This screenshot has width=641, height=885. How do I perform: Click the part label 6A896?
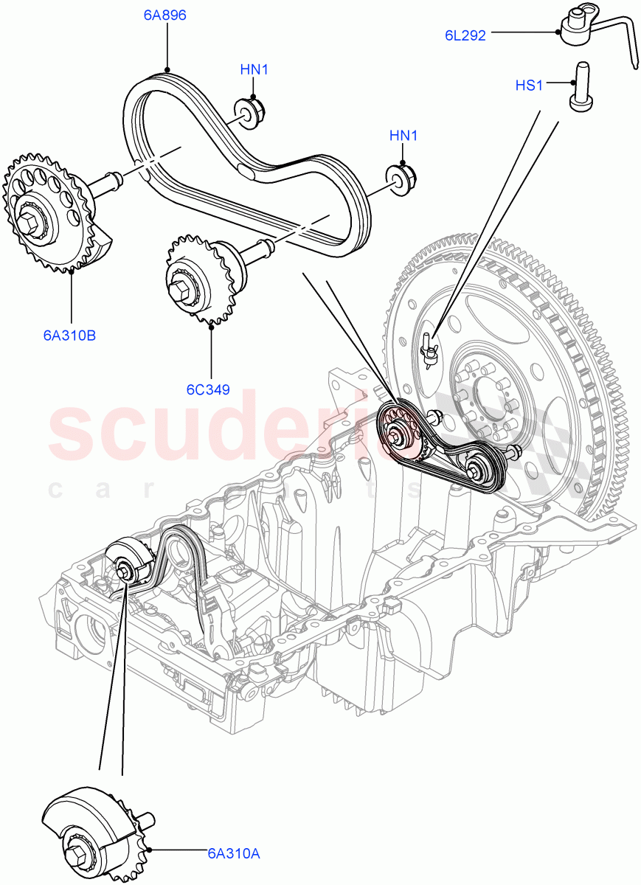[165, 13]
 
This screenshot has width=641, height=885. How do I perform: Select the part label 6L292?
[465, 35]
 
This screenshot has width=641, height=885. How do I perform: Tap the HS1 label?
[528, 86]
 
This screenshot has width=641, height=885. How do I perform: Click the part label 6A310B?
[69, 336]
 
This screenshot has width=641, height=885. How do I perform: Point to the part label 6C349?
[209, 389]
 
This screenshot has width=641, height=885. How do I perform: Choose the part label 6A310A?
[233, 853]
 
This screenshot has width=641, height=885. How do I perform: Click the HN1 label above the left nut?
[254, 70]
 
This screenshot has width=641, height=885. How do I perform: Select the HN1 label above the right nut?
[403, 136]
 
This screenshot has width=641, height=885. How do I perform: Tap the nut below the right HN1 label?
[403, 179]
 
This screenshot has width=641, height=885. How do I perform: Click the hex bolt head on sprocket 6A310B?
[30, 221]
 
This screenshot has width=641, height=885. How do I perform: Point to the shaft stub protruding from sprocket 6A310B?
[108, 181]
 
